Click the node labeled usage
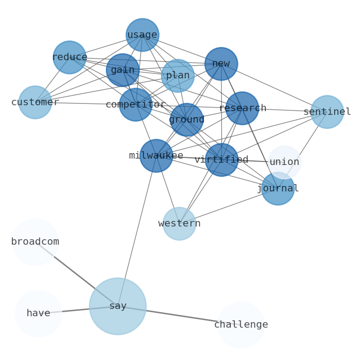[x=142, y=35]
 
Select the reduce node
[x=69, y=57]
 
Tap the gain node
[x=123, y=70]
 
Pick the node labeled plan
[x=178, y=76]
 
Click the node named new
[x=221, y=64]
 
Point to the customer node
[x=35, y=102]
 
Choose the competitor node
[x=135, y=105]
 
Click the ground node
[x=186, y=120]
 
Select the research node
[x=242, y=108]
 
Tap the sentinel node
[x=327, y=112]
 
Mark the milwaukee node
[x=156, y=156]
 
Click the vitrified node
[x=222, y=160]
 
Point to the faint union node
[x=284, y=162]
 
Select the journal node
[x=278, y=189]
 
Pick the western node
[x=179, y=224]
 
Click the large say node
[x=118, y=306]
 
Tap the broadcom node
[x=35, y=242]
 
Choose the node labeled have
[x=38, y=314]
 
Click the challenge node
[x=241, y=325]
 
